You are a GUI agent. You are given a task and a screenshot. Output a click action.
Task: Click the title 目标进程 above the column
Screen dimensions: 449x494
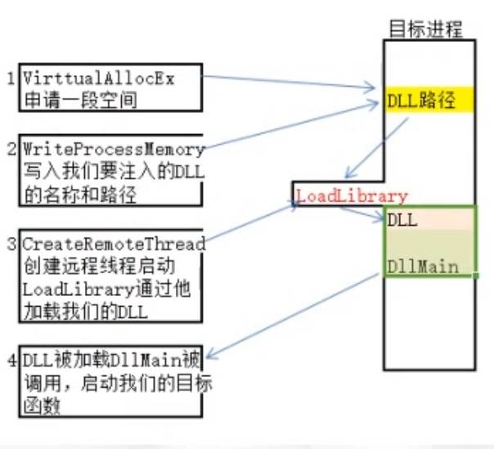click(425, 29)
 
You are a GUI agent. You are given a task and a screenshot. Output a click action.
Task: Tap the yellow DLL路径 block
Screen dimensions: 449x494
click(429, 101)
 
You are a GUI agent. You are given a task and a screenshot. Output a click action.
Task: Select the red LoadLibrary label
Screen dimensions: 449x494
click(352, 196)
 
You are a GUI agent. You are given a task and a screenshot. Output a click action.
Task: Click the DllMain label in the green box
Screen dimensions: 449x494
click(422, 266)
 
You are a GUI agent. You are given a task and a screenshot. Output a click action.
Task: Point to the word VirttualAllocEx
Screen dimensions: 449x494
click(99, 79)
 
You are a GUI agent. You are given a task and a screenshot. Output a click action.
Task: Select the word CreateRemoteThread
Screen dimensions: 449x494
click(114, 244)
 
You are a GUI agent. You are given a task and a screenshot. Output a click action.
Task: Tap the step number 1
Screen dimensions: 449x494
click(11, 79)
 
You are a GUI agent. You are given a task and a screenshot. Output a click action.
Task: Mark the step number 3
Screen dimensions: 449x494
click(11, 244)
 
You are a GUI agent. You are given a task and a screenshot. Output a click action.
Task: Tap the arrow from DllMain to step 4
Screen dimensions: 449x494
click(294, 316)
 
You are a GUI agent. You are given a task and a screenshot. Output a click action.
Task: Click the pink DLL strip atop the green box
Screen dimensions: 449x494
click(429, 219)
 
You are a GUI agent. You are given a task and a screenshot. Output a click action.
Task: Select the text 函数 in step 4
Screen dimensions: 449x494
click(38, 404)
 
